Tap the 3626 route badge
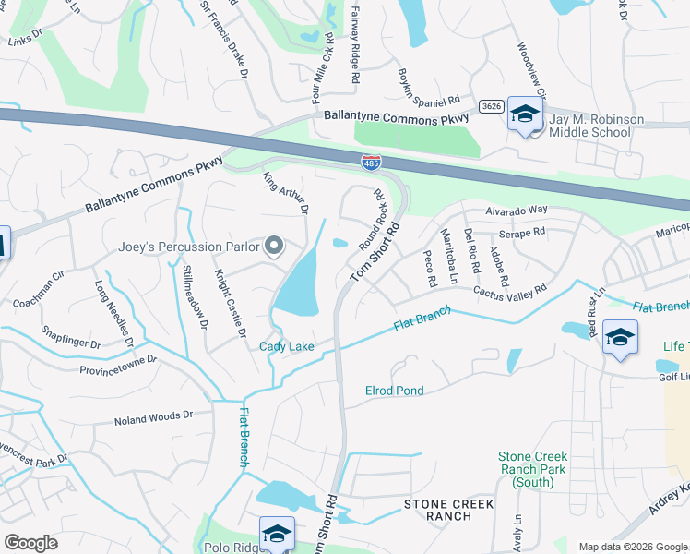(x=492, y=106)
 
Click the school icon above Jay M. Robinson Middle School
(x=525, y=114)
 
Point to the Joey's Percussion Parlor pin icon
(x=274, y=246)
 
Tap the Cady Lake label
(x=287, y=346)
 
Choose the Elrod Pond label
(x=395, y=391)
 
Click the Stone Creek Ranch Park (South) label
(x=532, y=469)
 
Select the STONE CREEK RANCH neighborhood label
(x=449, y=510)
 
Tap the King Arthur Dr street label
(x=285, y=193)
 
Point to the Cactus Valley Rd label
(x=510, y=289)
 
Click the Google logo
(x=31, y=543)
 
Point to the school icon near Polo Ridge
(x=277, y=534)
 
